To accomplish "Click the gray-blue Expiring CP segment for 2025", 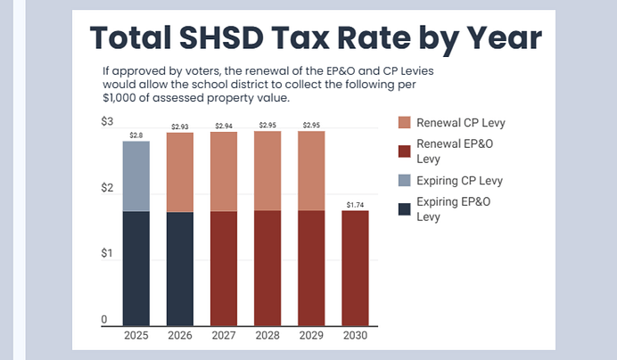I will (x=136, y=176).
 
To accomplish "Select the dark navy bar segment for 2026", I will (x=179, y=268).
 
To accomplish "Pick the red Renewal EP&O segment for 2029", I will (x=310, y=267).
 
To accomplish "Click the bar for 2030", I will (x=354, y=267).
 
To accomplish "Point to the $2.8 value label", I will (x=136, y=135).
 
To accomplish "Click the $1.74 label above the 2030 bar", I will (x=354, y=205).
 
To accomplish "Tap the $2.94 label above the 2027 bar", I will (x=223, y=127).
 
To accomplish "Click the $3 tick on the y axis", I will (x=107, y=121).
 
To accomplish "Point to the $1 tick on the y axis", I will (x=107, y=254).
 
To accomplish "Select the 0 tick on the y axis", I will (x=104, y=320).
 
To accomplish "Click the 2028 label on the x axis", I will (x=267, y=336).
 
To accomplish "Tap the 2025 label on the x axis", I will (x=136, y=336).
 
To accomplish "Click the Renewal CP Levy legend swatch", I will (x=404, y=122).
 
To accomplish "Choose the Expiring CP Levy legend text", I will (x=460, y=181).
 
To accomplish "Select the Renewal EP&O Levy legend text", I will (x=455, y=151).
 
